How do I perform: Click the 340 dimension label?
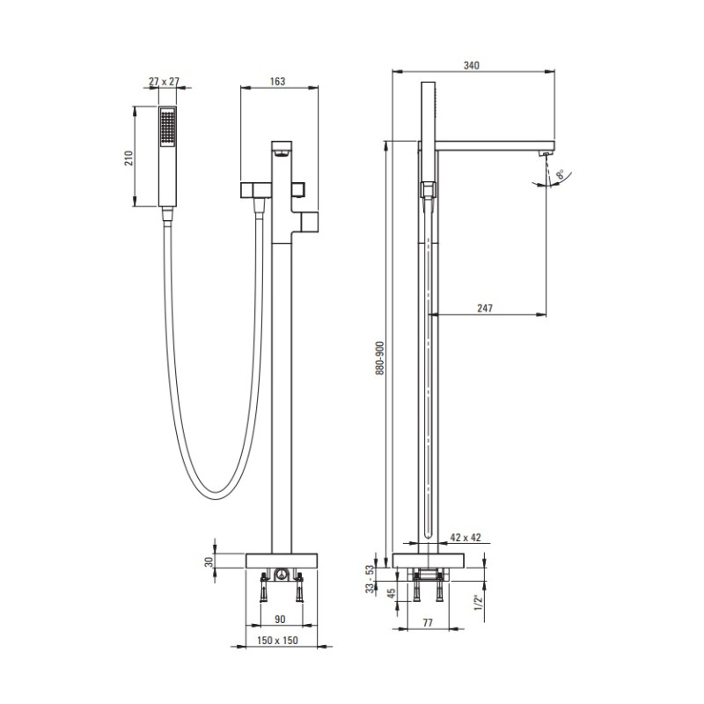click(471, 65)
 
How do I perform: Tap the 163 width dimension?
click(277, 81)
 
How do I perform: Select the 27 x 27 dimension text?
click(164, 82)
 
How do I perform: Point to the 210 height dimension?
click(128, 158)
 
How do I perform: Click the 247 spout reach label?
click(485, 309)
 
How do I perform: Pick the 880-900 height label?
click(380, 358)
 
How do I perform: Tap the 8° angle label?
click(560, 174)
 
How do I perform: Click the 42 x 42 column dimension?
click(466, 538)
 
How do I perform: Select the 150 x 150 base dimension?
click(277, 641)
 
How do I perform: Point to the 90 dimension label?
click(280, 620)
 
